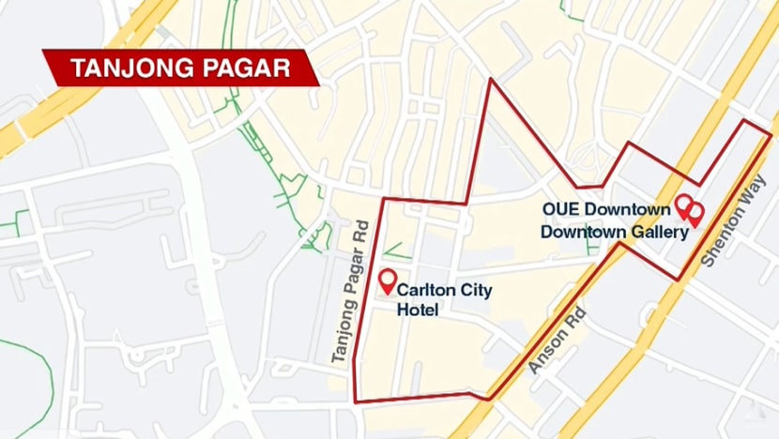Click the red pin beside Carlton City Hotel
click(387, 280)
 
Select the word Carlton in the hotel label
click(427, 291)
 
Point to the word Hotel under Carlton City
click(418, 310)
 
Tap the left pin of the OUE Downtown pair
click(684, 204)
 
